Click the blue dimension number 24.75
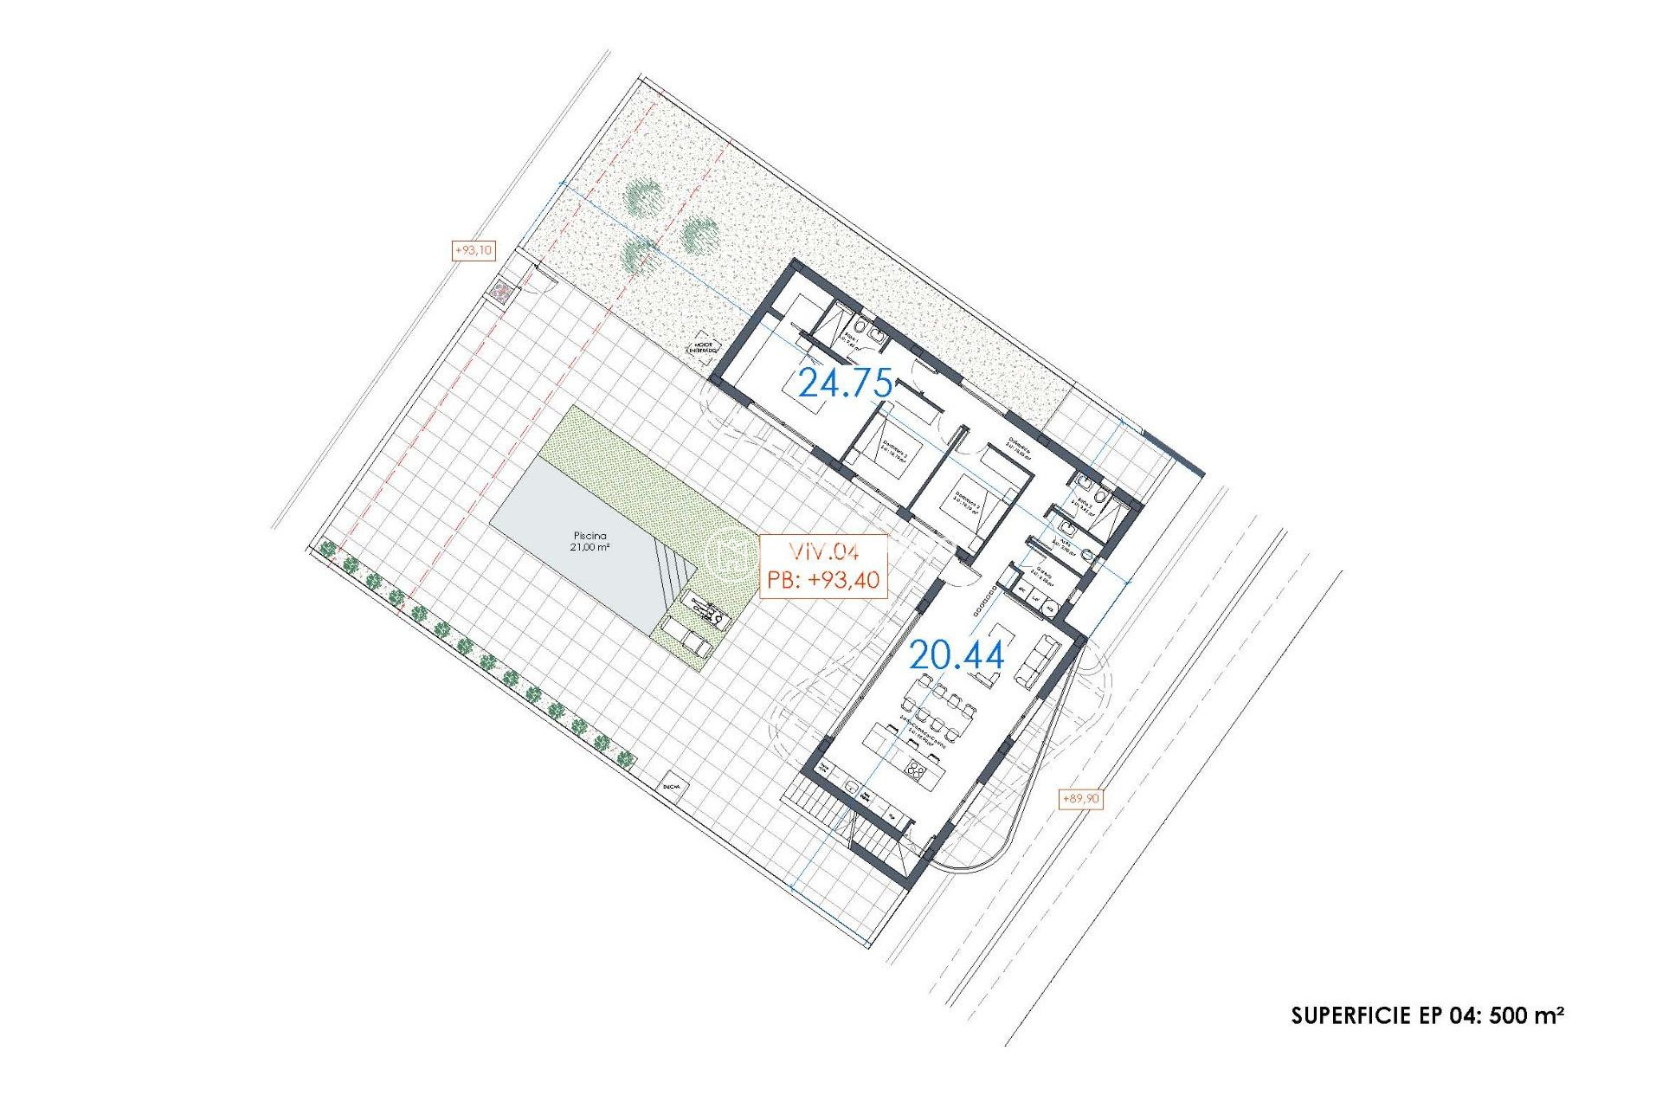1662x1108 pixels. pyautogui.click(x=845, y=382)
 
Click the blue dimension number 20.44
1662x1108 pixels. pyautogui.click(x=957, y=655)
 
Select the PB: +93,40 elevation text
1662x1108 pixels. pyautogui.click(x=823, y=579)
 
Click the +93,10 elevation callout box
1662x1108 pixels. pyautogui.click(x=473, y=251)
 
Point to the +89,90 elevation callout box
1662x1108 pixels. pyautogui.click(x=1080, y=798)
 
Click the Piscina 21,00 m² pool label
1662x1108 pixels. pyautogui.click(x=589, y=541)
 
